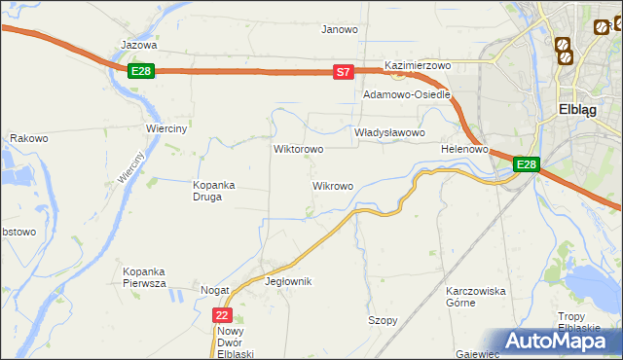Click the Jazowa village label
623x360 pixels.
coord(138,45)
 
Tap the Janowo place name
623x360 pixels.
coord(340,29)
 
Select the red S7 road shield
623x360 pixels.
coord(343,72)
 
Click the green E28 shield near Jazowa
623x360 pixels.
coord(141,71)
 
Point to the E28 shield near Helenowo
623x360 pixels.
coord(526,165)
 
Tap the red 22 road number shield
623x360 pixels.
coord(223,315)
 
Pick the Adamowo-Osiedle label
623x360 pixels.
coord(407,95)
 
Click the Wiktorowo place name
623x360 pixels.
coord(298,150)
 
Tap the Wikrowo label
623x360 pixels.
coord(332,185)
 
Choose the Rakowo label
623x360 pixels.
coord(29,139)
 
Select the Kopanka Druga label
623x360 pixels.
coord(208,190)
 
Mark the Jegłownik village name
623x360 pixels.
coord(288,281)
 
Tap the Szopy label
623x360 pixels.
coord(383,320)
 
